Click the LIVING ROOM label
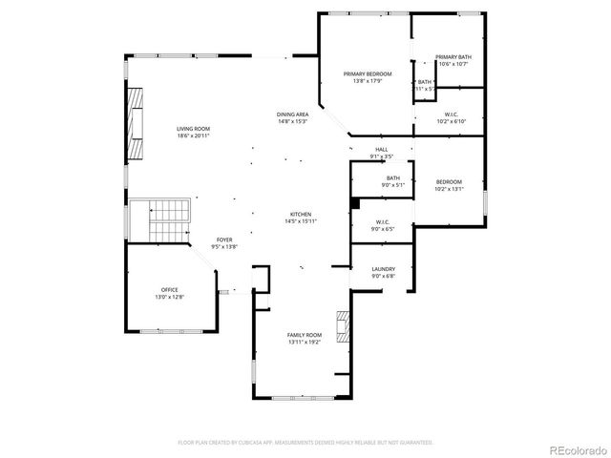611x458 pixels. [193, 129]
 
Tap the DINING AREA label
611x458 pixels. [292, 114]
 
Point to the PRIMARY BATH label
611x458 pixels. [453, 57]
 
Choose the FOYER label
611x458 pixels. [223, 239]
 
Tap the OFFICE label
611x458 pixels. [169, 289]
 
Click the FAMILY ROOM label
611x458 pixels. [305, 335]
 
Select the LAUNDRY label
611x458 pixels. [383, 269]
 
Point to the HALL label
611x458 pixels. [381, 149]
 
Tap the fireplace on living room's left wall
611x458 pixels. [137, 125]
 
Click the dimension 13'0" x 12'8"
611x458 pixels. [169, 297]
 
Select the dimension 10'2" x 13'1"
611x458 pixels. [449, 189]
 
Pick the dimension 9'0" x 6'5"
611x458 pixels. [382, 229]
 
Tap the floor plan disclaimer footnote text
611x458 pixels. [305, 443]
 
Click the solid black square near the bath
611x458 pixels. [355, 202]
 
